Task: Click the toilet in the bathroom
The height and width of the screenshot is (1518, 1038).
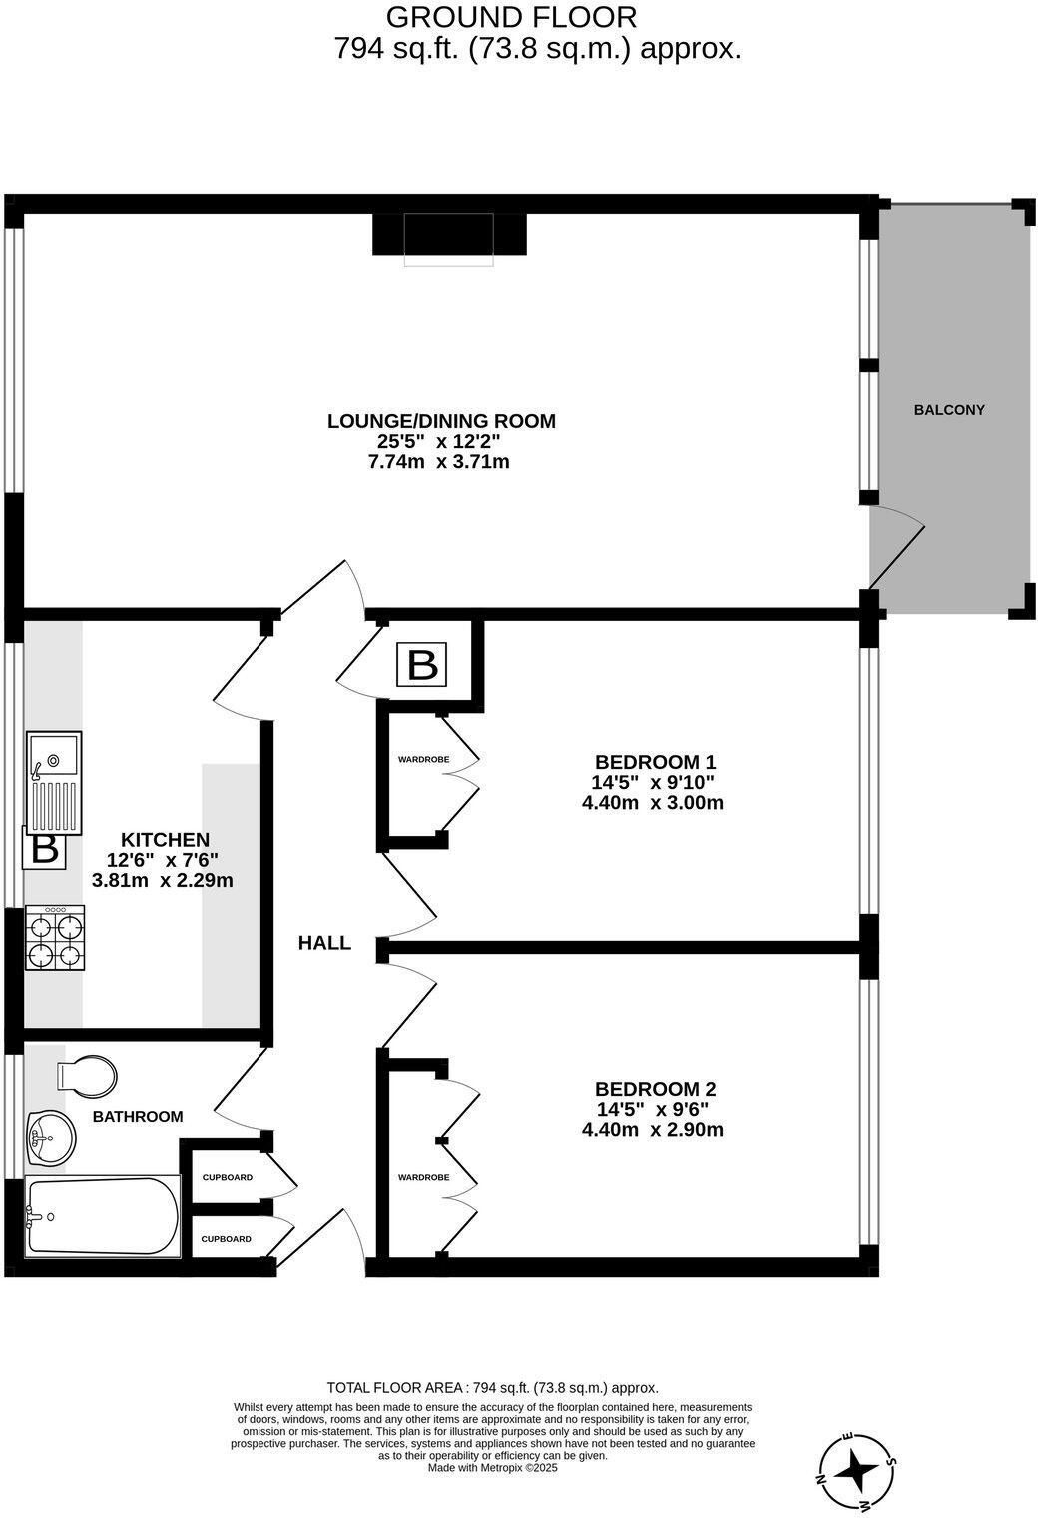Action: (88, 1076)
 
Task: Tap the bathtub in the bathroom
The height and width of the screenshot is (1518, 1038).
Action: (102, 1216)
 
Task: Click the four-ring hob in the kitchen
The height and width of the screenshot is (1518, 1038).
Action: (55, 938)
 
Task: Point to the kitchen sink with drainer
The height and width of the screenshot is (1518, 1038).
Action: (54, 783)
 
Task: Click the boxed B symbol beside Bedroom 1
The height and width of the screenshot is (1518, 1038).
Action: (423, 665)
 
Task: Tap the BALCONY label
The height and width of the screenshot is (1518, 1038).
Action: (949, 410)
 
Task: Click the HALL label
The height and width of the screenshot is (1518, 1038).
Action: (324, 943)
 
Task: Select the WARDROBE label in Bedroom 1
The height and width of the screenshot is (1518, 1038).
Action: (423, 760)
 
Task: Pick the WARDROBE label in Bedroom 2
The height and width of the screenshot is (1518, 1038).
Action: (423, 1178)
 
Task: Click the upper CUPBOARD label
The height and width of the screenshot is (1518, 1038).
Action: (227, 1178)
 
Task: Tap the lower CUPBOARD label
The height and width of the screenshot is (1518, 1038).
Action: (227, 1239)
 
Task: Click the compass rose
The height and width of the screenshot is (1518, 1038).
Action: (855, 1470)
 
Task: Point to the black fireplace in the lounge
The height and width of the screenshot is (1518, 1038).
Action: (448, 236)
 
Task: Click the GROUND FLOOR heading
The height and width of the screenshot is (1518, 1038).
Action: (511, 17)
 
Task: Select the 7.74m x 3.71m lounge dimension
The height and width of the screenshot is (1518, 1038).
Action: (439, 462)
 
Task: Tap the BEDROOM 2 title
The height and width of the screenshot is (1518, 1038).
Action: (655, 1089)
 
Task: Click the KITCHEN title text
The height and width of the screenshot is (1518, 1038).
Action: (165, 840)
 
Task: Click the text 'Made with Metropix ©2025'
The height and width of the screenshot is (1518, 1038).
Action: (492, 1468)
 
